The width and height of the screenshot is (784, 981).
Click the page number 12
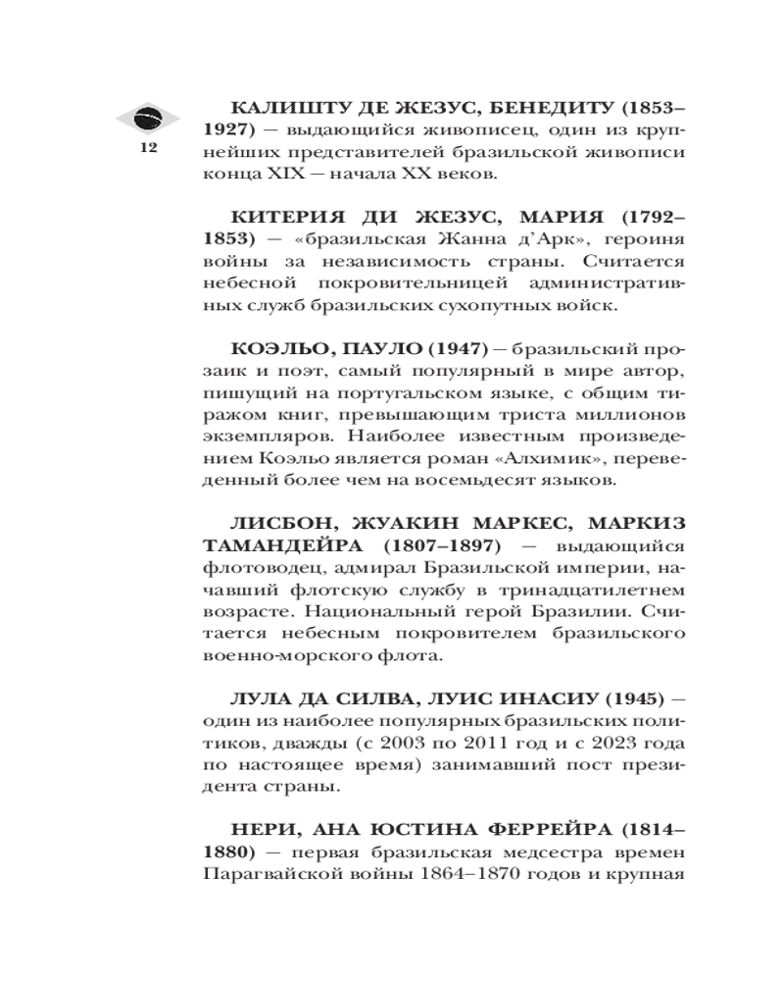tap(149, 148)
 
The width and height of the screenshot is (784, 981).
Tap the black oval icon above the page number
tap(149, 118)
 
